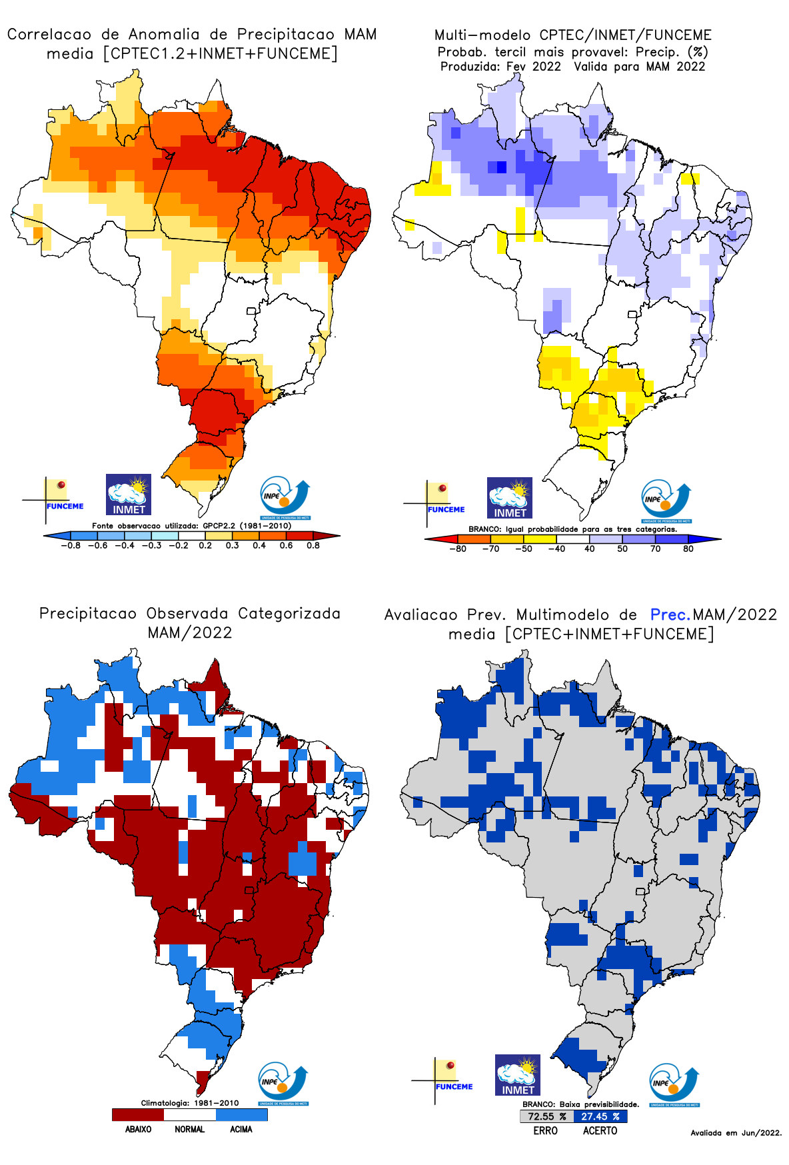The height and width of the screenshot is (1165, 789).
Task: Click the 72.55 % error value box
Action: point(546,1116)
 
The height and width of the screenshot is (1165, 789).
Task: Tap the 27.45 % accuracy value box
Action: point(600,1116)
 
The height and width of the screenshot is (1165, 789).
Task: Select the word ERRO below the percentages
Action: point(545,1130)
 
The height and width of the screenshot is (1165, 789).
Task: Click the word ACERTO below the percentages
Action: point(600,1130)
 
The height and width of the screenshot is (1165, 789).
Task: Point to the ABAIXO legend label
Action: point(138,1129)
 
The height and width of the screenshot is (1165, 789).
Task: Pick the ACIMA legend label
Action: point(241,1129)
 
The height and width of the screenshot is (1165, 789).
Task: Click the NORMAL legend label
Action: point(189,1129)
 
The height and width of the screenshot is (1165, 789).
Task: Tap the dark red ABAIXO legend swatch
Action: point(138,1114)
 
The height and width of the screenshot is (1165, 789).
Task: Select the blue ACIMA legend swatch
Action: point(241,1114)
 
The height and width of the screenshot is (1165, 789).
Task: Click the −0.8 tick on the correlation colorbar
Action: point(71,545)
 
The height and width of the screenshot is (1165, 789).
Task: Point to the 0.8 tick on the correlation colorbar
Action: point(313,545)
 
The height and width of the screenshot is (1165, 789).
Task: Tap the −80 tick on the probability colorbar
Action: point(458,549)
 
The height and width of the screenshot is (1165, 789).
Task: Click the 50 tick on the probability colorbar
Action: point(622,549)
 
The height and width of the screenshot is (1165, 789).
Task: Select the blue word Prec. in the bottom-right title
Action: point(670,614)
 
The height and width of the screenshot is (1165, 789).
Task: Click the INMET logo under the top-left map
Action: point(129,495)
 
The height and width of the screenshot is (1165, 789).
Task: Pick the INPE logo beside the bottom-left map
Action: point(283,1084)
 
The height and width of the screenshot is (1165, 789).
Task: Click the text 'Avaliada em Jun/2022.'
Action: point(736,1132)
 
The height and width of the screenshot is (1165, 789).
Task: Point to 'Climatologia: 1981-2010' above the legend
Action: point(190,1103)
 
